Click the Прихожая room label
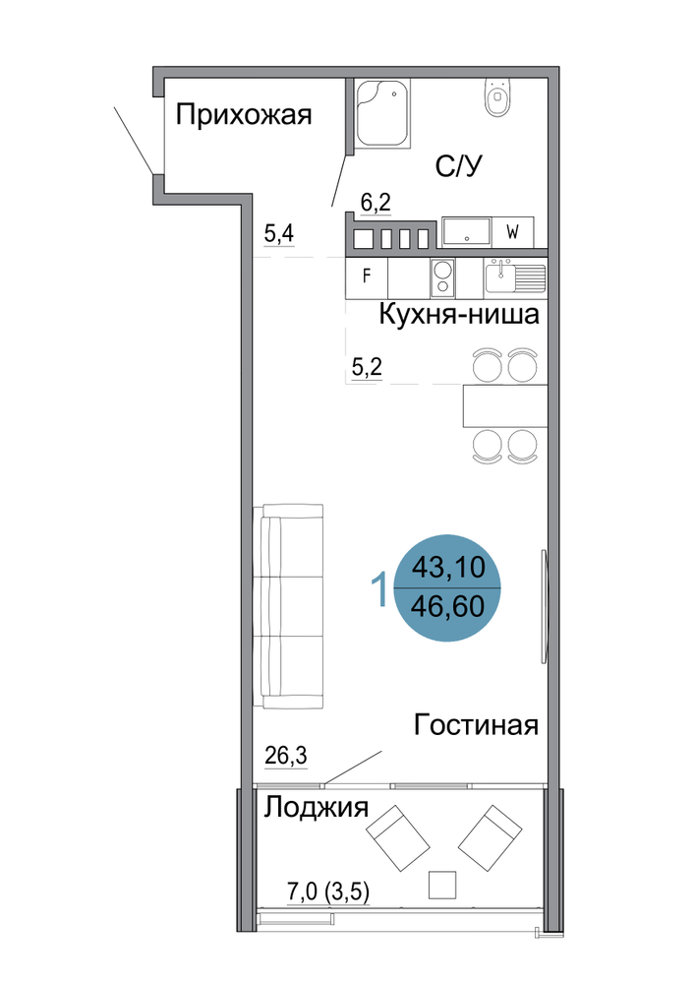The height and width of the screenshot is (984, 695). coord(243,115)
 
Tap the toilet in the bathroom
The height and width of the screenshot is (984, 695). coord(498,97)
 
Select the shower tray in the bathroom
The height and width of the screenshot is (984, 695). coord(382,113)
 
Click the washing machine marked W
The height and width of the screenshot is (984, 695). coord(512,232)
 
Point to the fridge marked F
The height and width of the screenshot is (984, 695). coord(367,277)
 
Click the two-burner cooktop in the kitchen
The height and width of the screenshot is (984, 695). coord(442,278)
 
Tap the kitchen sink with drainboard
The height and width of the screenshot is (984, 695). coord(514,277)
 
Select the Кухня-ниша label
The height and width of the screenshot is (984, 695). coord(459,315)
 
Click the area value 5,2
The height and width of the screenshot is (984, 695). coord(367,367)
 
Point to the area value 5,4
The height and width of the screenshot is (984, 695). coord(279,234)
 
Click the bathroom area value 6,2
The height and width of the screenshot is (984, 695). coord(376,202)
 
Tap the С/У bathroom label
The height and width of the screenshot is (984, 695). coord(459,166)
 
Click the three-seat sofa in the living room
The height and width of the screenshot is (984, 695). coord(289,606)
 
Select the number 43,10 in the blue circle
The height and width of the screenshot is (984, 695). coord(448,568)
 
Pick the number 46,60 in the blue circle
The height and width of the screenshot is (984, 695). coord(448,607)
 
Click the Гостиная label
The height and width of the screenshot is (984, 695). coord(477,725)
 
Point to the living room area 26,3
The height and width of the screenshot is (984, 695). coord(286,756)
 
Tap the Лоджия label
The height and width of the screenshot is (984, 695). coord(316,808)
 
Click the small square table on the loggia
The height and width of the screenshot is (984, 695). coord(442,885)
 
